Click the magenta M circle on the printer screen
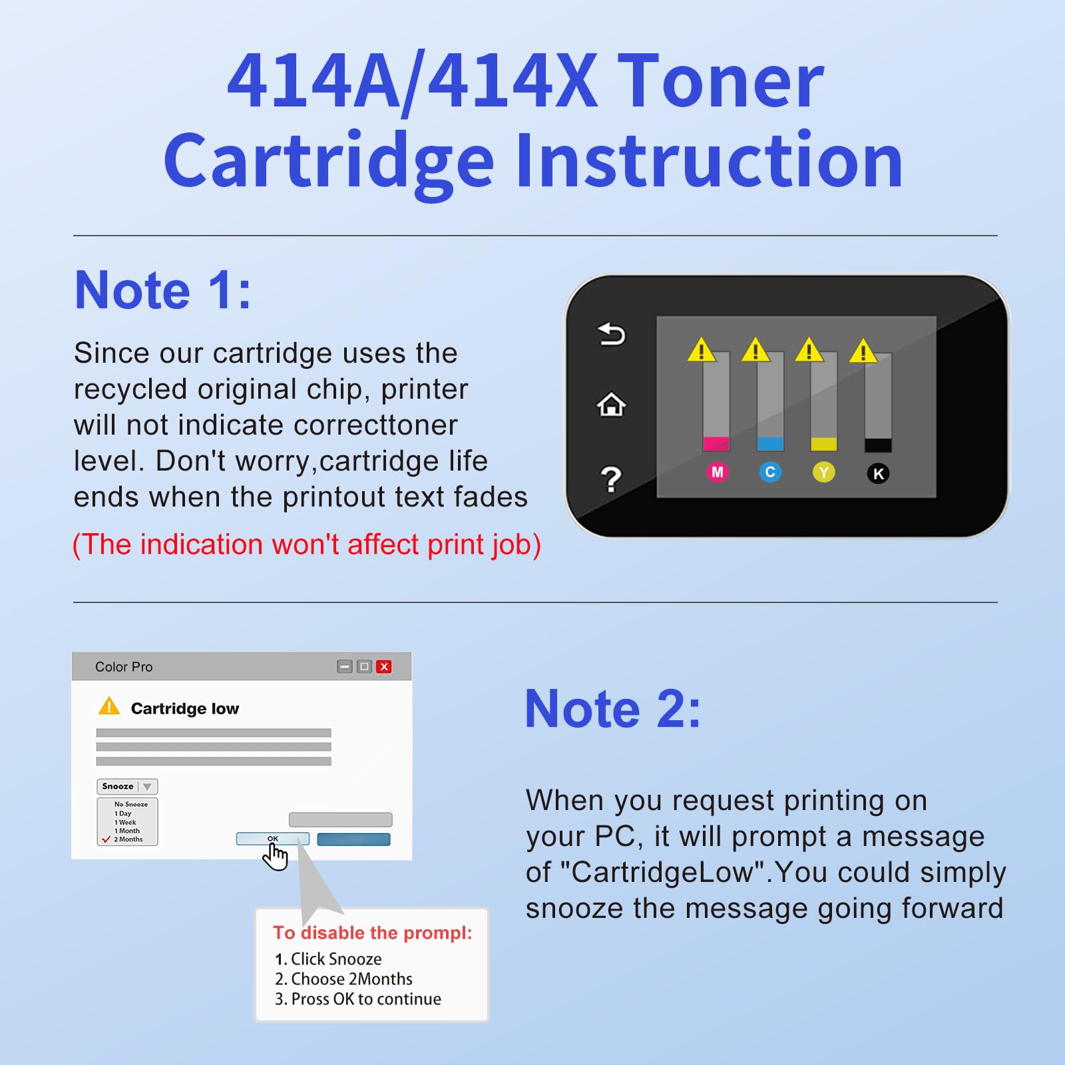pyautogui.click(x=717, y=473)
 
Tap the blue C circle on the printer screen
pyautogui.click(x=770, y=473)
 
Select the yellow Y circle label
pyautogui.click(x=824, y=473)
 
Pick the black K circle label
pyautogui.click(x=878, y=474)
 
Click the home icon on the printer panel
pyautogui.click(x=611, y=405)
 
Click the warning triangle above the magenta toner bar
pyautogui.click(x=702, y=350)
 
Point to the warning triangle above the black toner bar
pyautogui.click(x=863, y=351)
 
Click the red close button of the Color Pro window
pyautogui.click(x=384, y=667)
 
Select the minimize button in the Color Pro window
pyautogui.click(x=345, y=667)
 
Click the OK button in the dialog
pyautogui.click(x=273, y=839)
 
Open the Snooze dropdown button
pyautogui.click(x=127, y=787)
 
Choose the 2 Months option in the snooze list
pyautogui.click(x=128, y=839)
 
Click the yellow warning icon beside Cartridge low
pyautogui.click(x=109, y=707)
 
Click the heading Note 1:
pyautogui.click(x=163, y=291)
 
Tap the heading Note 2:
pyautogui.click(x=613, y=710)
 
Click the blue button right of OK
pyautogui.click(x=353, y=840)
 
